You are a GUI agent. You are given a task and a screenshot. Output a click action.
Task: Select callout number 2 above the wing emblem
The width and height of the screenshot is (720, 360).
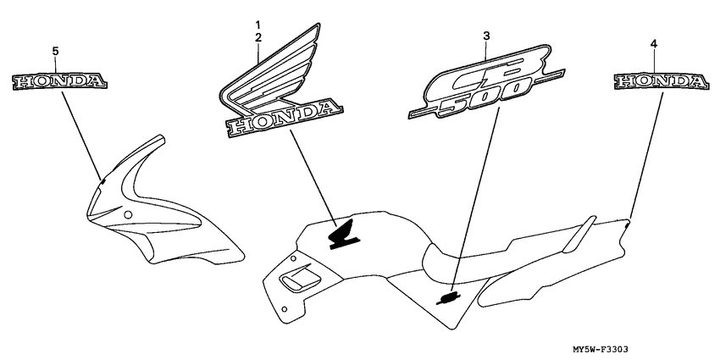(258, 37)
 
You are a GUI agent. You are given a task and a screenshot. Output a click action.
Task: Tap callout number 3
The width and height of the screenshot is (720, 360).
(486, 36)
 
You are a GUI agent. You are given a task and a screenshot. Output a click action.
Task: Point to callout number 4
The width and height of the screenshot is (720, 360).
(654, 42)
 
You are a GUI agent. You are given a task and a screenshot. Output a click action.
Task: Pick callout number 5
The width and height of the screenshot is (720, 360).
(55, 52)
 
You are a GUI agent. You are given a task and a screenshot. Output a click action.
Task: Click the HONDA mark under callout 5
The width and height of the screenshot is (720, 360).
(60, 81)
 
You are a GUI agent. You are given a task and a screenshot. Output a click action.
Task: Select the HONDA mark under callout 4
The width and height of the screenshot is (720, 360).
(660, 81)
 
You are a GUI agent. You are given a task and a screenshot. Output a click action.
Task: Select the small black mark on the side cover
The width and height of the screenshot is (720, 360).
(449, 296)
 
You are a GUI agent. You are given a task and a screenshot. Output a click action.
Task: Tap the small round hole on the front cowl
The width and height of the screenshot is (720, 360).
(127, 218)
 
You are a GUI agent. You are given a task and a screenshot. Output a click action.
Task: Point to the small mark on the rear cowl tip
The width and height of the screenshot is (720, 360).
(628, 224)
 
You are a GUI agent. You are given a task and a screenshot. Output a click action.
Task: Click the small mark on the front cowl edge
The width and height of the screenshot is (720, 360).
(102, 180)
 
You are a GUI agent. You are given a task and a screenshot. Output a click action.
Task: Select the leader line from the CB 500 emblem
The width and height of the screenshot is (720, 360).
(474, 203)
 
